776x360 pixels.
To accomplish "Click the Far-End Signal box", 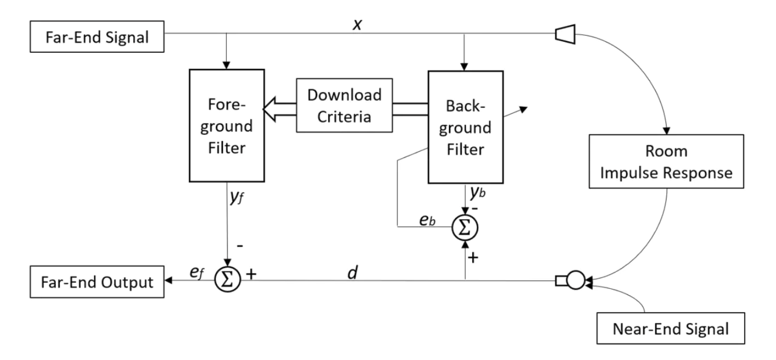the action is click(x=97, y=37).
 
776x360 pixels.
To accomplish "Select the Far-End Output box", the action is click(x=97, y=282).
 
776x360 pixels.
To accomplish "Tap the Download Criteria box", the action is click(x=345, y=105).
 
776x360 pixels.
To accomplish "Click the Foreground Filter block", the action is click(x=227, y=126).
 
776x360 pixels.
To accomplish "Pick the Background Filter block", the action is click(x=466, y=127).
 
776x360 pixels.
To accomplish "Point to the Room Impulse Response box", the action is click(x=666, y=161).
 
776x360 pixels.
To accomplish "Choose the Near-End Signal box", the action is click(x=671, y=328).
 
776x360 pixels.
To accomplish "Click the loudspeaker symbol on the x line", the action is click(x=565, y=34).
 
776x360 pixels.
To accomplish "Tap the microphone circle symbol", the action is click(x=576, y=280).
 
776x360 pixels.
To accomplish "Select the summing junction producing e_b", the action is click(x=465, y=228).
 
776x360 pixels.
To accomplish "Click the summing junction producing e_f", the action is click(x=228, y=279).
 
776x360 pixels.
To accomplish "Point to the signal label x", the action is click(x=357, y=24).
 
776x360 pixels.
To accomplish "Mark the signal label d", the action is click(x=353, y=272).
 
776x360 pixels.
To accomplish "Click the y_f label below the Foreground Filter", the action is click(x=236, y=197).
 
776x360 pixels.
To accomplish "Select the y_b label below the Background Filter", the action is click(x=478, y=192).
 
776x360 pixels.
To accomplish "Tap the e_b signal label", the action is click(x=428, y=220).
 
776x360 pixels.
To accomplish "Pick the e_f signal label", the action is click(x=197, y=272).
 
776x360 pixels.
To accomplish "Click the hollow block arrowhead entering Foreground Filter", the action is click(x=270, y=109).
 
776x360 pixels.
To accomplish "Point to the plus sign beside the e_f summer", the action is click(x=251, y=274).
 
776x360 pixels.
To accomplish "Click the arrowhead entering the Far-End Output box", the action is click(x=168, y=280).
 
